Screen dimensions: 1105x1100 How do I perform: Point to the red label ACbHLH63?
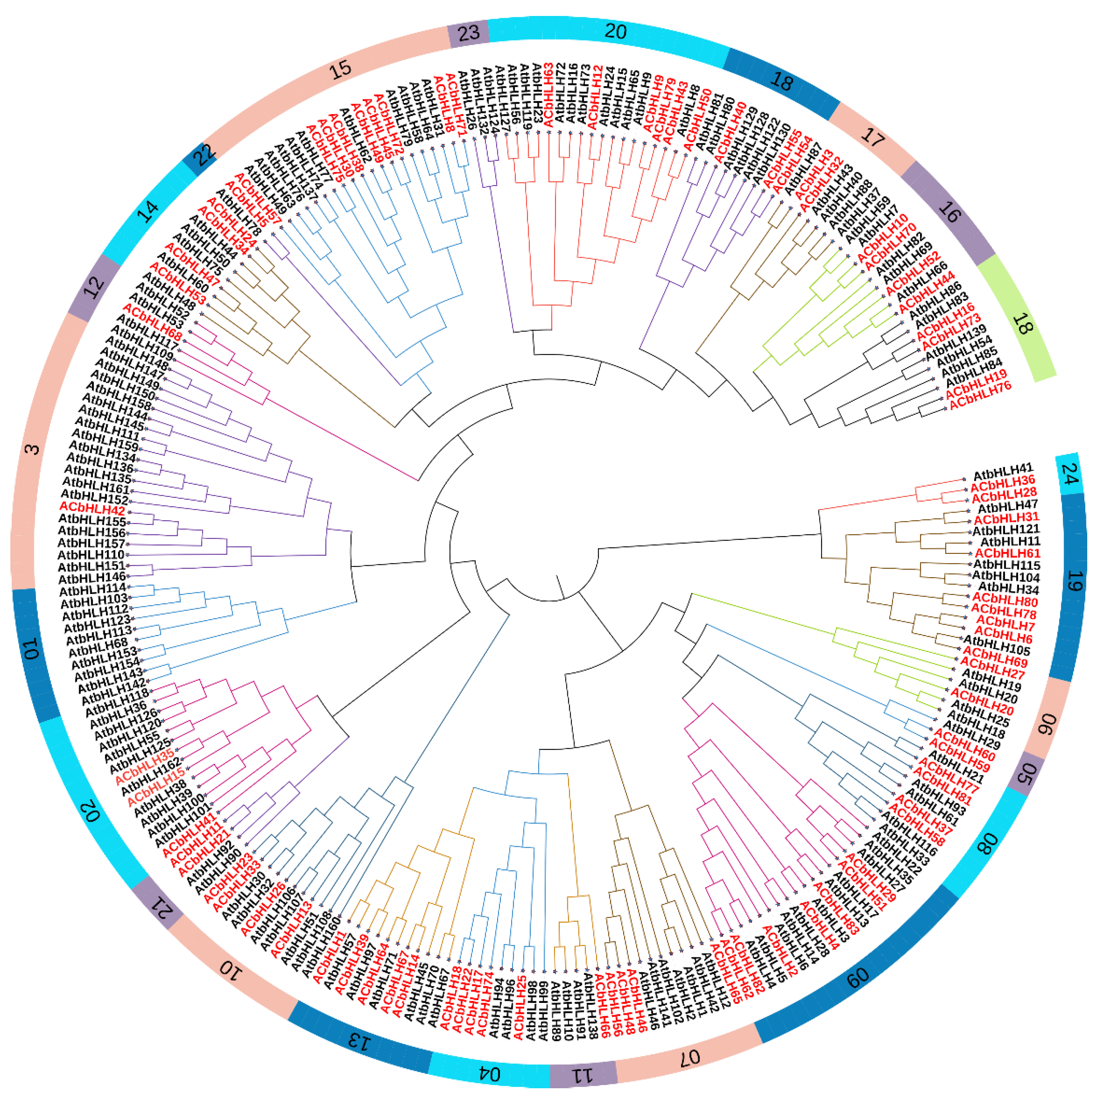pos(548,95)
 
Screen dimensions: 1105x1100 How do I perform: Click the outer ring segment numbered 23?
pos(468,33)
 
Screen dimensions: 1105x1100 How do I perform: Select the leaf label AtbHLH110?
pos(91,555)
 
